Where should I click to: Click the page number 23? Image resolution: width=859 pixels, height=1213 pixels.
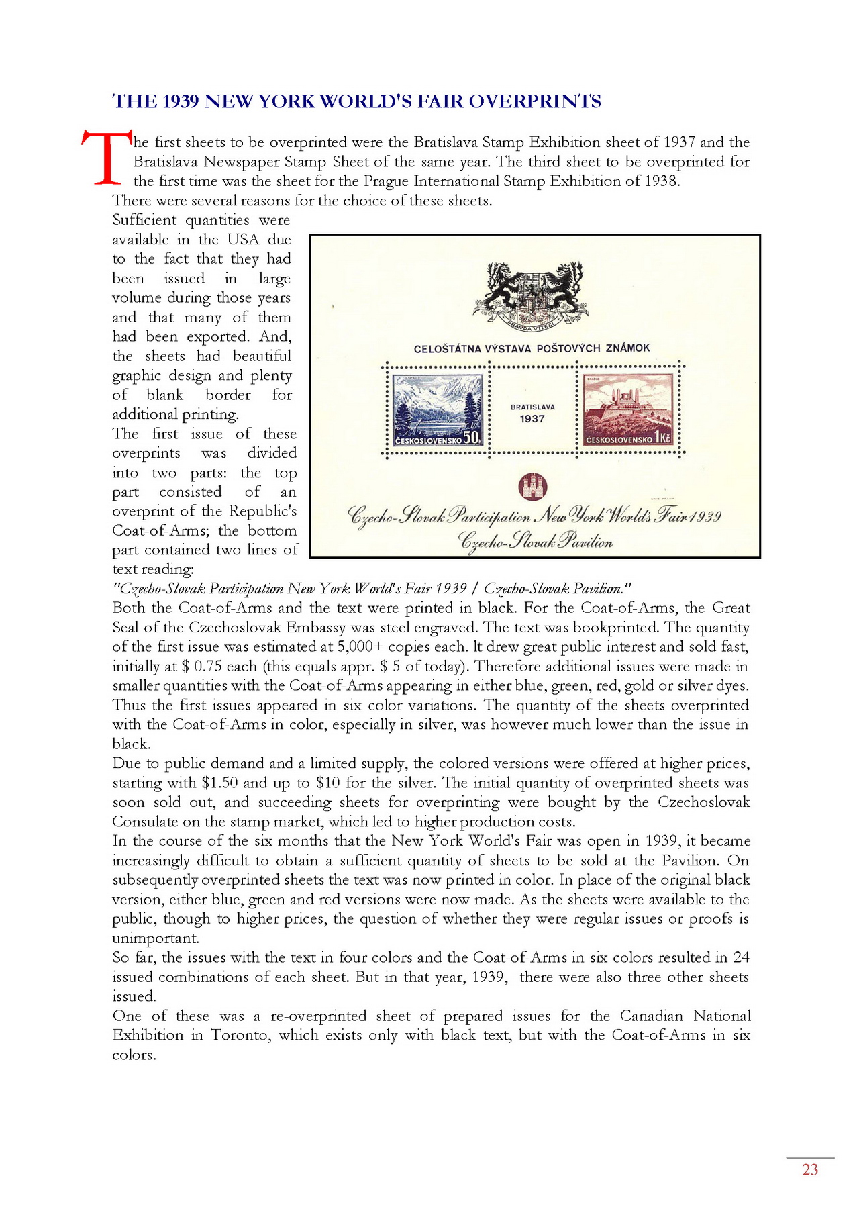pyautogui.click(x=810, y=1170)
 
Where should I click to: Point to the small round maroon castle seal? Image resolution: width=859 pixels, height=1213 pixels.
pyautogui.click(x=534, y=486)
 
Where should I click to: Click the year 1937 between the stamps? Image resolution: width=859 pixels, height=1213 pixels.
pyautogui.click(x=532, y=419)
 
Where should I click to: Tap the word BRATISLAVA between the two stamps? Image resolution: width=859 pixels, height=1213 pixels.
pyautogui.click(x=533, y=407)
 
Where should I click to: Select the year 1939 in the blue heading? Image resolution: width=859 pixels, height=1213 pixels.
pyautogui.click(x=181, y=101)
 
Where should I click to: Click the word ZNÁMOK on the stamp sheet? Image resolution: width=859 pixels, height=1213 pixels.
pyautogui.click(x=627, y=348)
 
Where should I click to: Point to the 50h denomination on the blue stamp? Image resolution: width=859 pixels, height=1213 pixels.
pyautogui.click(x=472, y=438)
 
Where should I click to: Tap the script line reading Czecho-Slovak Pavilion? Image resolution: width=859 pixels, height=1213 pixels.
pyautogui.click(x=535, y=541)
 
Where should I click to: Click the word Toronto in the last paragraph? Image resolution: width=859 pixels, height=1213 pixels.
pyautogui.click(x=241, y=1035)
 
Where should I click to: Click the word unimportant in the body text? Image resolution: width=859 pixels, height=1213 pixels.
pyautogui.click(x=155, y=938)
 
